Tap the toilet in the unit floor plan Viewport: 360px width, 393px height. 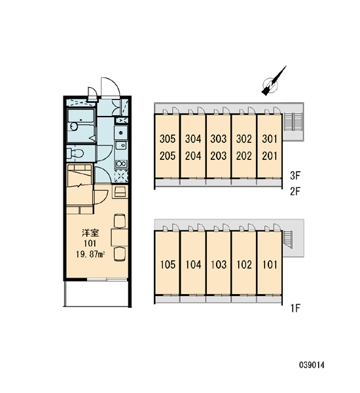tap(75, 153)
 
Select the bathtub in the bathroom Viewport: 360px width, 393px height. tap(81, 125)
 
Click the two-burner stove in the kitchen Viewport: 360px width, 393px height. tap(121, 164)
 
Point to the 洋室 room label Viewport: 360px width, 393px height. tap(90, 233)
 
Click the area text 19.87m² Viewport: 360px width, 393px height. tap(90, 254)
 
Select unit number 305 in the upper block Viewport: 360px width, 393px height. tap(168, 139)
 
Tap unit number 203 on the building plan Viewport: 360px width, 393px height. tap(219, 156)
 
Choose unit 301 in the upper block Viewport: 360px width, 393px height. tap(270, 139)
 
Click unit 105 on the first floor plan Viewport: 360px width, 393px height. tap(168, 265)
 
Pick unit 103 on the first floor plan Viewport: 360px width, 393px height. tap(219, 265)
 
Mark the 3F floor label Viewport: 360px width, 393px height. tap(295, 176)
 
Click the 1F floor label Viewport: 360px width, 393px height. tap(295, 308)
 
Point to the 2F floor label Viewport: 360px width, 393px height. tap(295, 191)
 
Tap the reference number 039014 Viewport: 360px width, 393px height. tap(312, 365)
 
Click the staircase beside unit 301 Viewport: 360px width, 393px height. tap(293, 121)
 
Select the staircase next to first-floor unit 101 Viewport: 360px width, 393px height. tap(287, 240)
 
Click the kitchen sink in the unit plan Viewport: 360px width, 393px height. tap(121, 145)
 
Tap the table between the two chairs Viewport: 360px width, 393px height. tap(120, 237)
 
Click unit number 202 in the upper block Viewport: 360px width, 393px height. tap(244, 156)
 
